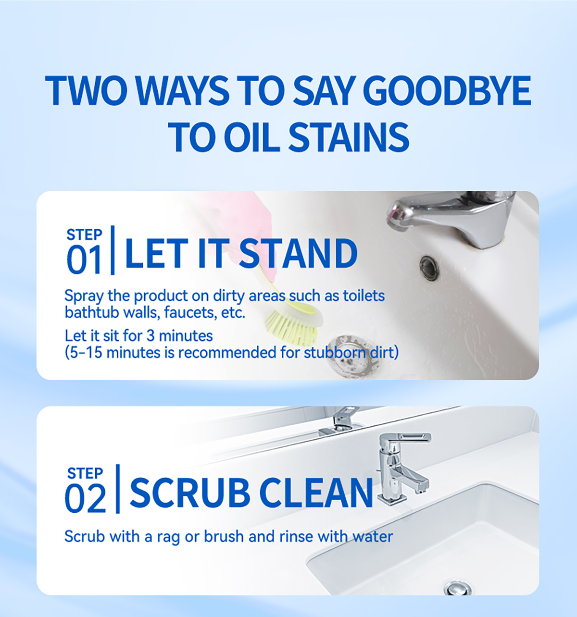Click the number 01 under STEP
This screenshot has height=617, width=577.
84,260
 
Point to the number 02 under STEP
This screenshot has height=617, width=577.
85,499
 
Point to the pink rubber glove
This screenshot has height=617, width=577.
250,216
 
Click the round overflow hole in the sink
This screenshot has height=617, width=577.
428,266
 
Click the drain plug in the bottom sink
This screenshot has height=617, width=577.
457,587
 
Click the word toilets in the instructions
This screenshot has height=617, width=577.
364,296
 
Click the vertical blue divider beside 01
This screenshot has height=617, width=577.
113,250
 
